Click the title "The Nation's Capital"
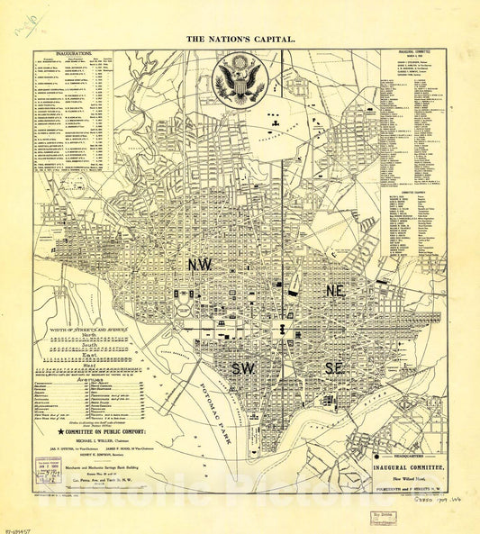pyautogui.click(x=240, y=40)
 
